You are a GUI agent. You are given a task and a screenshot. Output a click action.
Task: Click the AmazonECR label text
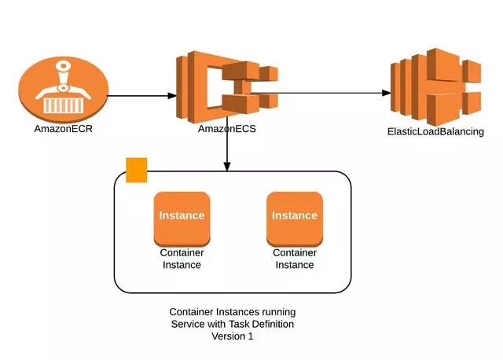(63, 129)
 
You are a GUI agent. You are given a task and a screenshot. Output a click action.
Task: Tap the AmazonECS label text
(227, 129)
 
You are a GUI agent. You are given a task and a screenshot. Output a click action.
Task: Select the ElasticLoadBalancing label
(435, 131)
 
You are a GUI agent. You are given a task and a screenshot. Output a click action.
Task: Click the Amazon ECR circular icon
(63, 89)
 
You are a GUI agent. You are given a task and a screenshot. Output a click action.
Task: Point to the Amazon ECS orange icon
(227, 86)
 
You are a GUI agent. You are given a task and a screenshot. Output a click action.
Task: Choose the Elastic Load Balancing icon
(435, 86)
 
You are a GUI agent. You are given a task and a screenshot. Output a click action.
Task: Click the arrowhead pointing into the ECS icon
(172, 96)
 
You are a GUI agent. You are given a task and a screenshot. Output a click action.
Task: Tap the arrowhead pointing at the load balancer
(387, 93)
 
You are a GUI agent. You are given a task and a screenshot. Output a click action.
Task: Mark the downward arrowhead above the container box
(227, 167)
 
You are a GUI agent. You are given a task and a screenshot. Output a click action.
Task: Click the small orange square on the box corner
(137, 170)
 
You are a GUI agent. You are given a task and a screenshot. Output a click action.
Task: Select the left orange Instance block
(182, 219)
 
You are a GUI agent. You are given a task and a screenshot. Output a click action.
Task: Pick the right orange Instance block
(295, 219)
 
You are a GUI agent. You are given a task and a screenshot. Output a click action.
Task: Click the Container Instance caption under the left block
(182, 259)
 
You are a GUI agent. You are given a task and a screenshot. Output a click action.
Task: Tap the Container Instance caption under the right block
(295, 259)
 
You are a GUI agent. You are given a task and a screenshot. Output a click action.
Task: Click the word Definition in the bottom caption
(273, 324)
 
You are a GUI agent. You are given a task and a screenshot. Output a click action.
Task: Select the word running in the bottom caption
(279, 312)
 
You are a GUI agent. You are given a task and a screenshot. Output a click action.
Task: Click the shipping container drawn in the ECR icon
(63, 105)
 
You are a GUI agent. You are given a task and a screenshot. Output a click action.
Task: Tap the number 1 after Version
(250, 336)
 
